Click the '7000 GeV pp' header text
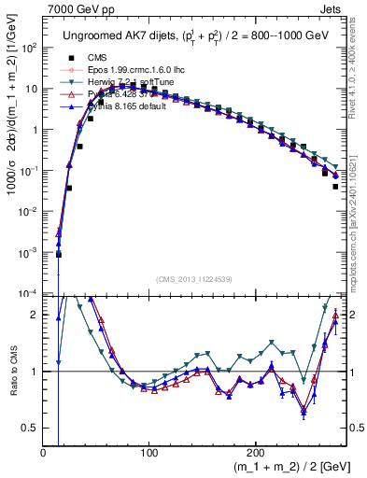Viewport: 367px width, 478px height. tap(72, 7)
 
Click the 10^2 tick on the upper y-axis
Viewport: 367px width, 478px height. tap(28, 48)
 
